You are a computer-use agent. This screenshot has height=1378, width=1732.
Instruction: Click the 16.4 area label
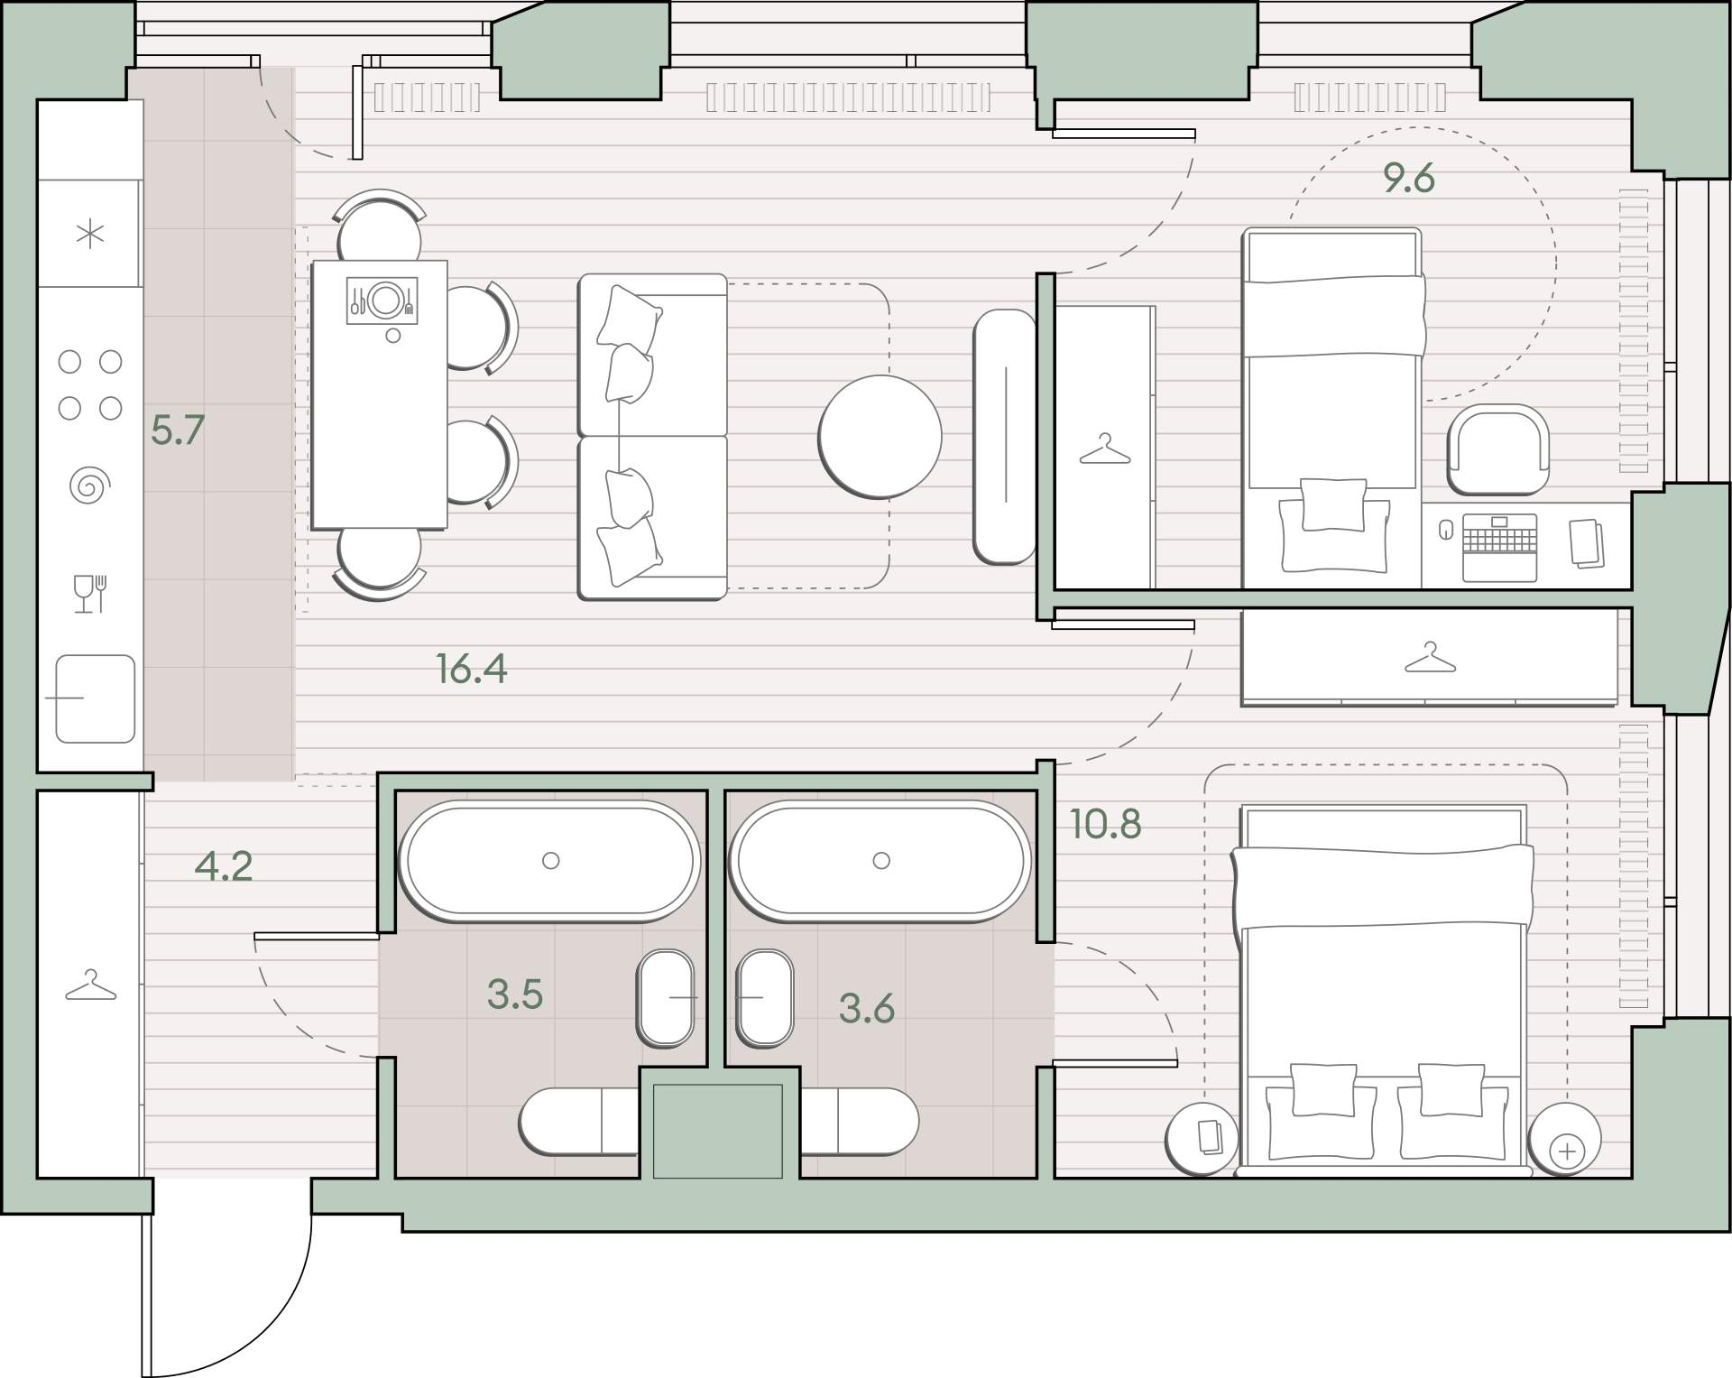pos(471,669)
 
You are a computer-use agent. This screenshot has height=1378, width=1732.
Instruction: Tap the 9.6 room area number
pos(1409,179)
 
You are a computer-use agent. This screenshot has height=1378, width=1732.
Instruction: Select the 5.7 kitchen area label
pos(178,430)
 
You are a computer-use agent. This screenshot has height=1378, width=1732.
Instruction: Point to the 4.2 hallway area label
pos(224,866)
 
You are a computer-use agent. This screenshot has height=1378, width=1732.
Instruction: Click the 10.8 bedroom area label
pos(1106,824)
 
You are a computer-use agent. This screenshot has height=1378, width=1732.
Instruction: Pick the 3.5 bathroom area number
pos(515,994)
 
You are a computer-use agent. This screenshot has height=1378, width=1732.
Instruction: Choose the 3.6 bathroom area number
pos(867,1008)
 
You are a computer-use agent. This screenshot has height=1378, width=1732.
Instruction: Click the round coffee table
pos(880,437)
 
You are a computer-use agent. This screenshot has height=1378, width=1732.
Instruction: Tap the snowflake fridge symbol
pos(90,235)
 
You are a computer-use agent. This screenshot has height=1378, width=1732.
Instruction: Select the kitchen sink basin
pos(96,698)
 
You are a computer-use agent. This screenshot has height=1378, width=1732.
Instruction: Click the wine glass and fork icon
pos(90,594)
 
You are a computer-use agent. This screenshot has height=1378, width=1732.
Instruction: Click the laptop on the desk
pos(1498,547)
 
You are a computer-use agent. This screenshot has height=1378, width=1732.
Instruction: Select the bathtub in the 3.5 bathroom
pos(550,861)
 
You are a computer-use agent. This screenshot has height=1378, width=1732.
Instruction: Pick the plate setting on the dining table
pos(383,301)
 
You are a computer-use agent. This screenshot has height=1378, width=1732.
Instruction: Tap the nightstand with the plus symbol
pos(1567,1140)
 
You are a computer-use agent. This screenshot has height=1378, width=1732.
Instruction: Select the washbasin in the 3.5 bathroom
pos(666,998)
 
